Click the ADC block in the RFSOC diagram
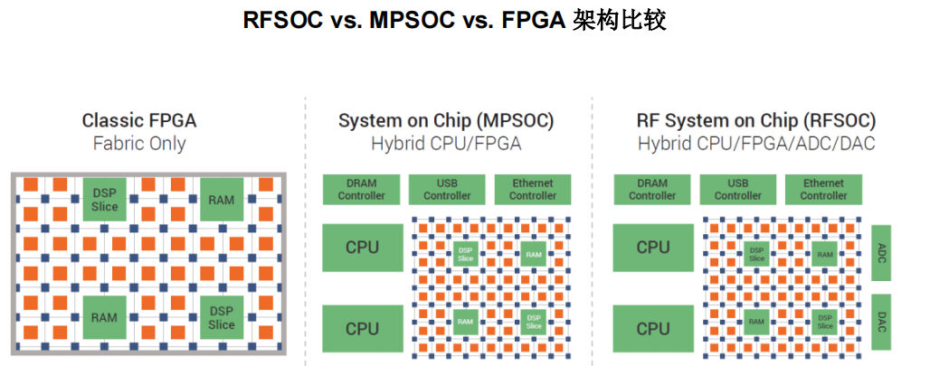click(881, 255)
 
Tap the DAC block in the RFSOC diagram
click(881, 321)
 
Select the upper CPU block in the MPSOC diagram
click(362, 247)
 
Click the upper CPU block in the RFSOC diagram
click(652, 247)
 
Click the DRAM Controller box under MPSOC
click(361, 190)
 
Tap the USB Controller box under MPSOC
click(447, 190)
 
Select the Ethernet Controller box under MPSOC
click(532, 190)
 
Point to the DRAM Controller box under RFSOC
click(652, 190)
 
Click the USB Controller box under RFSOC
click(737, 190)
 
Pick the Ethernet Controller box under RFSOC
click(823, 190)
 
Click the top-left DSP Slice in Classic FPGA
click(104, 200)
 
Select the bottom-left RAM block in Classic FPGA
click(104, 317)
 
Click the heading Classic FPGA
click(138, 120)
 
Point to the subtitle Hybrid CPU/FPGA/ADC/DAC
click(756, 143)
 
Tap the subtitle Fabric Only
click(138, 143)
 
